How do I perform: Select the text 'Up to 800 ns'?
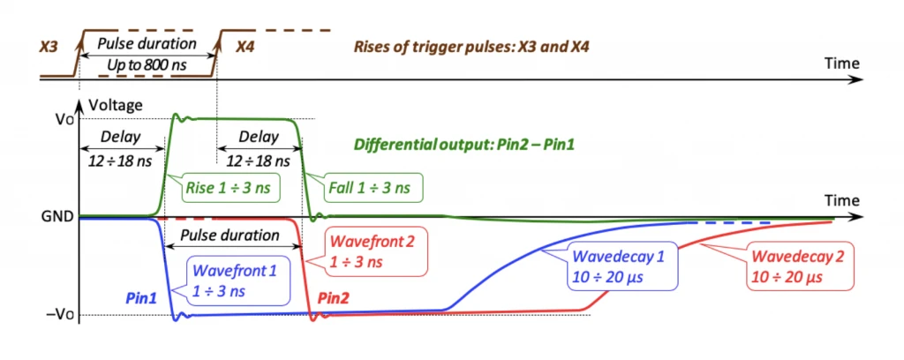click(x=147, y=65)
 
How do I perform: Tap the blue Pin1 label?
click(x=139, y=297)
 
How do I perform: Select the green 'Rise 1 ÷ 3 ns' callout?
click(x=230, y=187)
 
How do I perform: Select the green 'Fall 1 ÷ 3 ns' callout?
click(x=372, y=187)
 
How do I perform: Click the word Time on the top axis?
click(x=842, y=63)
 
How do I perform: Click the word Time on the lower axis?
click(x=842, y=200)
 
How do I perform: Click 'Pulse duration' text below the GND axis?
click(x=230, y=235)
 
